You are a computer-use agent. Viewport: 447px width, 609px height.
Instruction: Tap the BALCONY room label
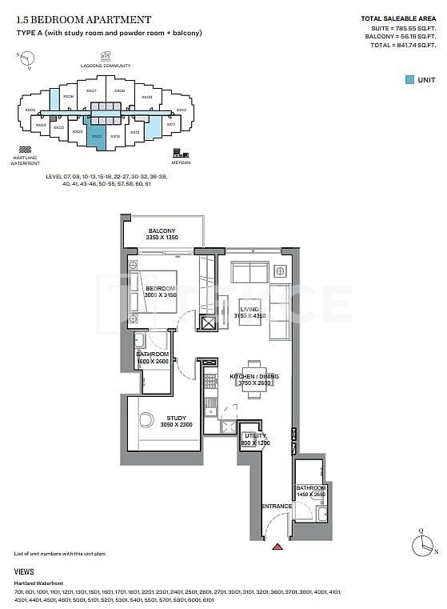click(x=162, y=231)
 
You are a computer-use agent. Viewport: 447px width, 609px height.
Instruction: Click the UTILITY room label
click(x=255, y=436)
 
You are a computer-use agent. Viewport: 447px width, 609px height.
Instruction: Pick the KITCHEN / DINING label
click(x=253, y=376)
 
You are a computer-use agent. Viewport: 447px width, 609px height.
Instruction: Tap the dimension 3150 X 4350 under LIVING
click(x=253, y=317)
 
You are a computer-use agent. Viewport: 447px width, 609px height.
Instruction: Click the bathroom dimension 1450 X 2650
click(x=310, y=495)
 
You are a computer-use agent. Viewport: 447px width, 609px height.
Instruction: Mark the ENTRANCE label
click(x=276, y=507)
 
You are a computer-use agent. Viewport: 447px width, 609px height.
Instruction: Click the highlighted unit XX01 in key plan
click(x=96, y=137)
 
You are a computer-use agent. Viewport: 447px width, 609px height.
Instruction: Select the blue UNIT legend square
click(x=409, y=79)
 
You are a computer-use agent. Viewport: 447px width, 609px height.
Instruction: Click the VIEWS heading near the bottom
click(x=24, y=572)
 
